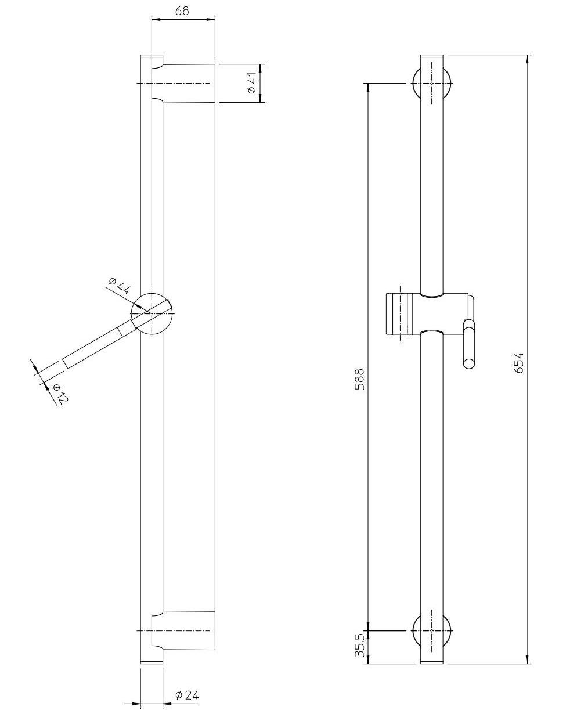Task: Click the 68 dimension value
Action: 182,11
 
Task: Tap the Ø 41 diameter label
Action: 252,83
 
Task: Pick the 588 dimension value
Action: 360,380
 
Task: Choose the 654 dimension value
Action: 519,363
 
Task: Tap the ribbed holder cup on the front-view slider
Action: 397,313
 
